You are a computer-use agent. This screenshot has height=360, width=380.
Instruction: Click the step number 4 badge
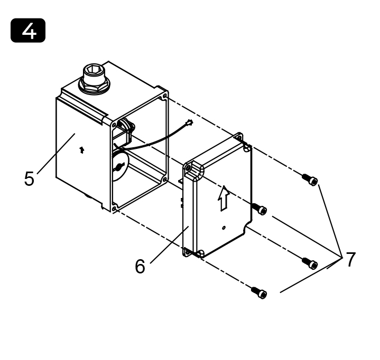[28, 30]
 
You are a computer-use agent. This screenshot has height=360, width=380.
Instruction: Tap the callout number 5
[29, 178]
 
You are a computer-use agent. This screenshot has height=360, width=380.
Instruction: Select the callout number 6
[140, 266]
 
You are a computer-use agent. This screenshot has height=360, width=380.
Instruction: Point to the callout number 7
[350, 259]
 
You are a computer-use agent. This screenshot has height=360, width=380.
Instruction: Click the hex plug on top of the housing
[94, 78]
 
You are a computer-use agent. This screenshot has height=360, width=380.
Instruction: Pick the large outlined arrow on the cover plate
[224, 198]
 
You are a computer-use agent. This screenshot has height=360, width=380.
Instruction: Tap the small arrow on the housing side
[82, 150]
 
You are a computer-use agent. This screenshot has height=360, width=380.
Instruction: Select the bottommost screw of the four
[259, 292]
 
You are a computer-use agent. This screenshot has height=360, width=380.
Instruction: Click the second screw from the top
[259, 209]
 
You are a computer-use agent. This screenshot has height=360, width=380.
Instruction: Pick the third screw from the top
[310, 263]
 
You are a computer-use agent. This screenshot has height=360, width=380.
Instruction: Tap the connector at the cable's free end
[190, 122]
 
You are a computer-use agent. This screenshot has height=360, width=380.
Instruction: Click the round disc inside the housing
[120, 165]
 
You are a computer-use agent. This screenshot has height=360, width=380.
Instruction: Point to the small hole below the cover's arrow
[224, 228]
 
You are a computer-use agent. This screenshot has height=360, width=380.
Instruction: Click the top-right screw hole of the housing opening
[165, 96]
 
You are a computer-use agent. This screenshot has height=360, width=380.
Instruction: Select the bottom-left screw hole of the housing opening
[115, 209]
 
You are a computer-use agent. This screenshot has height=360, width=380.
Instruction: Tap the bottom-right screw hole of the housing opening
[165, 179]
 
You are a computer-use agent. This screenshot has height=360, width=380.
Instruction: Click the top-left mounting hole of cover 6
[188, 167]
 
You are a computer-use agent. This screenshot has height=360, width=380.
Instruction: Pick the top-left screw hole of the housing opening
[114, 125]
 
